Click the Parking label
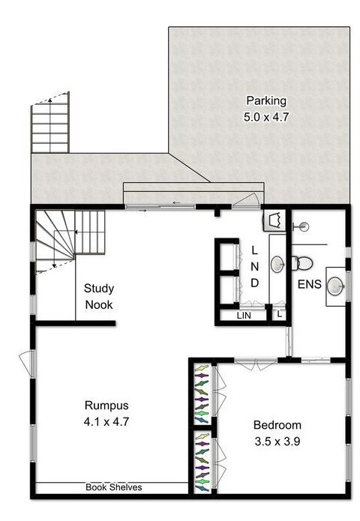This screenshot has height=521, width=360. coord(266,101)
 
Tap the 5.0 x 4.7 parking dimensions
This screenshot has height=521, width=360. coord(266,117)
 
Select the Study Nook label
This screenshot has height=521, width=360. coord(99,296)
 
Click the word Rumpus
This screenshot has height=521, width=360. coord(106,406)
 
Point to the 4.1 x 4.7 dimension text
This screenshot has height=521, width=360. coord(106,422)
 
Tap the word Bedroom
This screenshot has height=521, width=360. coord(277,425)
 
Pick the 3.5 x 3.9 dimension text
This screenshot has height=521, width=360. coord(277,442)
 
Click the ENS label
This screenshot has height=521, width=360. coord(310,284)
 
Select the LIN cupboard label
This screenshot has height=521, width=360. coord(244,316)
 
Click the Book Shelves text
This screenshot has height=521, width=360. coord(114,487)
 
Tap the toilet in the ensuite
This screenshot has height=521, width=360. coord(302,263)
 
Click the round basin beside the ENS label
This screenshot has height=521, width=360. coord(334,286)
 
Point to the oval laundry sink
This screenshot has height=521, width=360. coord(277,265)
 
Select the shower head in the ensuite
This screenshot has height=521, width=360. coord(301,227)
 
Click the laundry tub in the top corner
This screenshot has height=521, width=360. coord(274,220)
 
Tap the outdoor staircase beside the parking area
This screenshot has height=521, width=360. coord(50,123)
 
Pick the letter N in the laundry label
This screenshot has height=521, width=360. coord(255,266)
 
